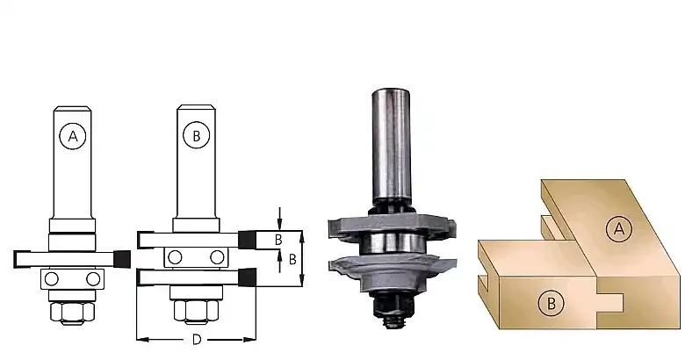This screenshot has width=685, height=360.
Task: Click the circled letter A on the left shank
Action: coord(73,136)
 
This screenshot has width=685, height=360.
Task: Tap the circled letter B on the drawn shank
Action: coord(196,135)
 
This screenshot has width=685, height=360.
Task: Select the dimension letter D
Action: coord(197,340)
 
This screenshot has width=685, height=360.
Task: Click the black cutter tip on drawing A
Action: coord(122,259)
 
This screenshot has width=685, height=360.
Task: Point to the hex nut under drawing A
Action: coord(73,313)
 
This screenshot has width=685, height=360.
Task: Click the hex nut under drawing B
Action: coord(196,311)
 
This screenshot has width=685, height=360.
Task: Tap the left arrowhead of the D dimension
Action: coord(142,339)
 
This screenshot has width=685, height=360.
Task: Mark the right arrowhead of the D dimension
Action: coord(250,339)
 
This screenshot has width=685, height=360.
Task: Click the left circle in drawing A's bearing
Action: coord(52,278)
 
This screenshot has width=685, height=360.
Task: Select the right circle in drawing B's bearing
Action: coord(217,257)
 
